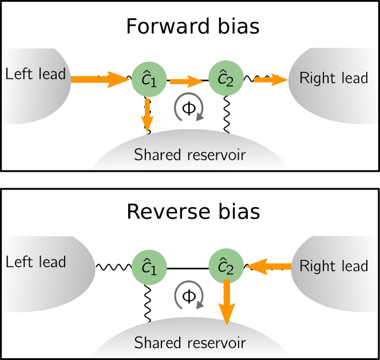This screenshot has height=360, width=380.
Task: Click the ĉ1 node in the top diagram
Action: pos(149,80)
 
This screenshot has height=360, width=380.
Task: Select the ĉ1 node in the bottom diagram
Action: pos(149,267)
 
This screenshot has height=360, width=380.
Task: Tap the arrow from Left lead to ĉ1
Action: pos(100,80)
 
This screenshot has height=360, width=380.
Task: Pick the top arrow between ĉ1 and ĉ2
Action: pos(187,82)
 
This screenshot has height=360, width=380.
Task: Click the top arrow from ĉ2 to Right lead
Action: pos(270,80)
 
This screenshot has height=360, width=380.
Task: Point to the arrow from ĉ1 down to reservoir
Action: pos(148,115)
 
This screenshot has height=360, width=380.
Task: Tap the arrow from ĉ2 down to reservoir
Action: pos(227,302)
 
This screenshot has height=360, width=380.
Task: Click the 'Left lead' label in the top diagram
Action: pos(35,74)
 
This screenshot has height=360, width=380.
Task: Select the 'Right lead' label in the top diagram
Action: pos(334,78)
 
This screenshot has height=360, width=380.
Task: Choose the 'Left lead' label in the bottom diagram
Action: pos(35,262)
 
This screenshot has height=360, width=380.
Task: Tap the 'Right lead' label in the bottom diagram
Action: pos(334,266)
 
